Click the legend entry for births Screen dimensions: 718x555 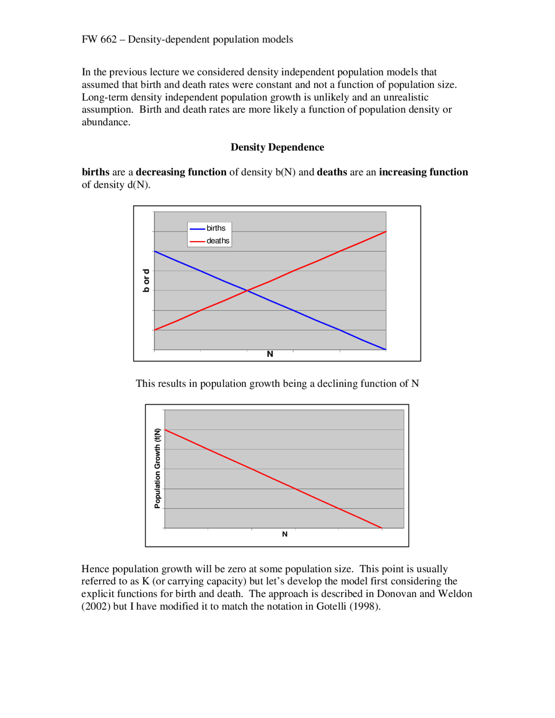(215, 228)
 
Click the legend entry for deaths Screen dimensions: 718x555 (217, 241)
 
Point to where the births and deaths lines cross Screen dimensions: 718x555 (247, 290)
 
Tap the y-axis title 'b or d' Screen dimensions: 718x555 (146, 280)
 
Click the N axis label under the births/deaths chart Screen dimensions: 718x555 (270, 354)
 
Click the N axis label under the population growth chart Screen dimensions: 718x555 (284, 534)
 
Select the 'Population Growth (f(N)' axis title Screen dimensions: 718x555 (157, 468)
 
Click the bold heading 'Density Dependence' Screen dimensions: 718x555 (277, 147)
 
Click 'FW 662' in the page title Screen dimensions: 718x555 (99, 39)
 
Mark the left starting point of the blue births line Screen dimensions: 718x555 (155, 251)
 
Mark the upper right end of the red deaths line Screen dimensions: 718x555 (385, 232)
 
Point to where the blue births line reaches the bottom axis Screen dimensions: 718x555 (385, 349)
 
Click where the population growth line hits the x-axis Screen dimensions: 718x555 (382, 528)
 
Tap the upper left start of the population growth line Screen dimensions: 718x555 (165, 430)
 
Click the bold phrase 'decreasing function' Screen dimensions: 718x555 (181, 172)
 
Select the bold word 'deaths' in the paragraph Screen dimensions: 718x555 (332, 172)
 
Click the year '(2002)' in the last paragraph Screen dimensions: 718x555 (96, 607)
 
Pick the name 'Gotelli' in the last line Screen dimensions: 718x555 (331, 607)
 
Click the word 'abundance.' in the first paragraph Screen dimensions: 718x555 (106, 122)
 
